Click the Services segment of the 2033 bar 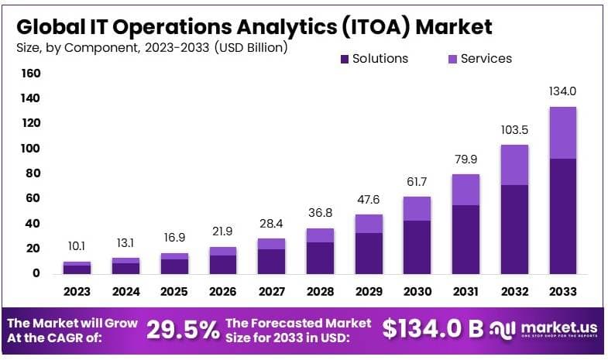click(562, 132)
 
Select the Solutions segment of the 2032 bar click(514, 229)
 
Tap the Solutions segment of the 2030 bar click(417, 247)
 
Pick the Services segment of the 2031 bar click(465, 190)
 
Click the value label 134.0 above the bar click(562, 91)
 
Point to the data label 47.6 click(369, 200)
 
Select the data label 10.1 click(77, 246)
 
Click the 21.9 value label click(222, 232)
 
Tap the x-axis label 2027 click(271, 292)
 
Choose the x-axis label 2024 click(125, 292)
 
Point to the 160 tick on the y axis click(31, 74)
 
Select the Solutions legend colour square click(345, 59)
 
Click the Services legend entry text click(486, 59)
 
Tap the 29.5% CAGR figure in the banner click(183, 330)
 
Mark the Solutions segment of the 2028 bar click(320, 258)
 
